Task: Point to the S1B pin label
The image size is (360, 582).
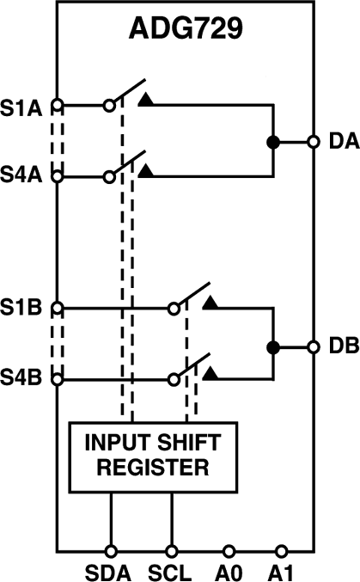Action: pyautogui.click(x=23, y=307)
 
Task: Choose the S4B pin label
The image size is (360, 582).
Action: pyautogui.click(x=23, y=377)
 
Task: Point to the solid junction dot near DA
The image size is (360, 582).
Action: pyautogui.click(x=273, y=141)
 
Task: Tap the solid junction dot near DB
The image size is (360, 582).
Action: pyautogui.click(x=273, y=347)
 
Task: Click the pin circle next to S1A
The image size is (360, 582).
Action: pyautogui.click(x=58, y=106)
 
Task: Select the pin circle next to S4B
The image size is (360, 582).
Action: pyautogui.click(x=58, y=377)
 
